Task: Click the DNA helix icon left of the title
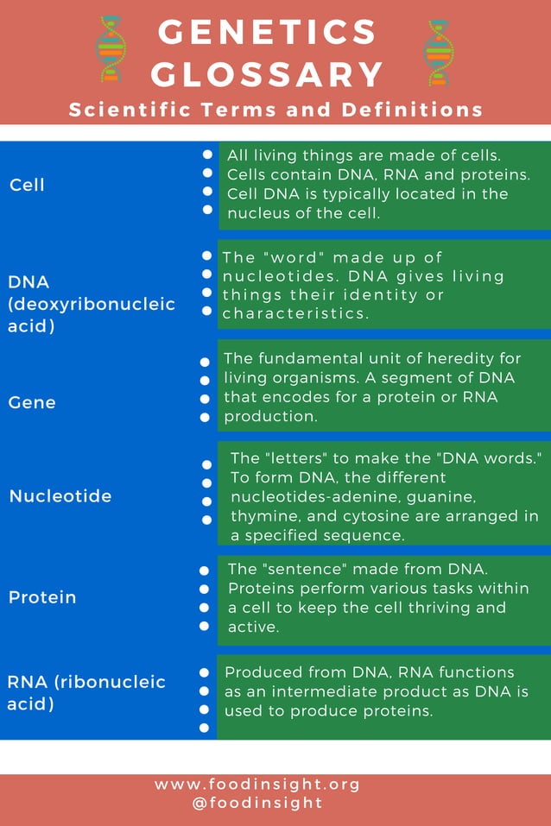point(110,49)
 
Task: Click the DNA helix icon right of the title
point(438,54)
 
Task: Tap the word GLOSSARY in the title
point(268,74)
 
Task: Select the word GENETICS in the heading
point(268,33)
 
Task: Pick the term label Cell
point(27,185)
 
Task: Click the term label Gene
point(32,402)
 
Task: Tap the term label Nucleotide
point(60,496)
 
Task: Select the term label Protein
point(42,597)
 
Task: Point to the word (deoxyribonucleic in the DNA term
point(92,304)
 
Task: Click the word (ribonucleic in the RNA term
point(110,682)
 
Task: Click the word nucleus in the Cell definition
point(256,213)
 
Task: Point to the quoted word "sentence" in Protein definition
point(301,570)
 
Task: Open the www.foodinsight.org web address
point(257,785)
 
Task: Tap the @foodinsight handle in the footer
point(257,803)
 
